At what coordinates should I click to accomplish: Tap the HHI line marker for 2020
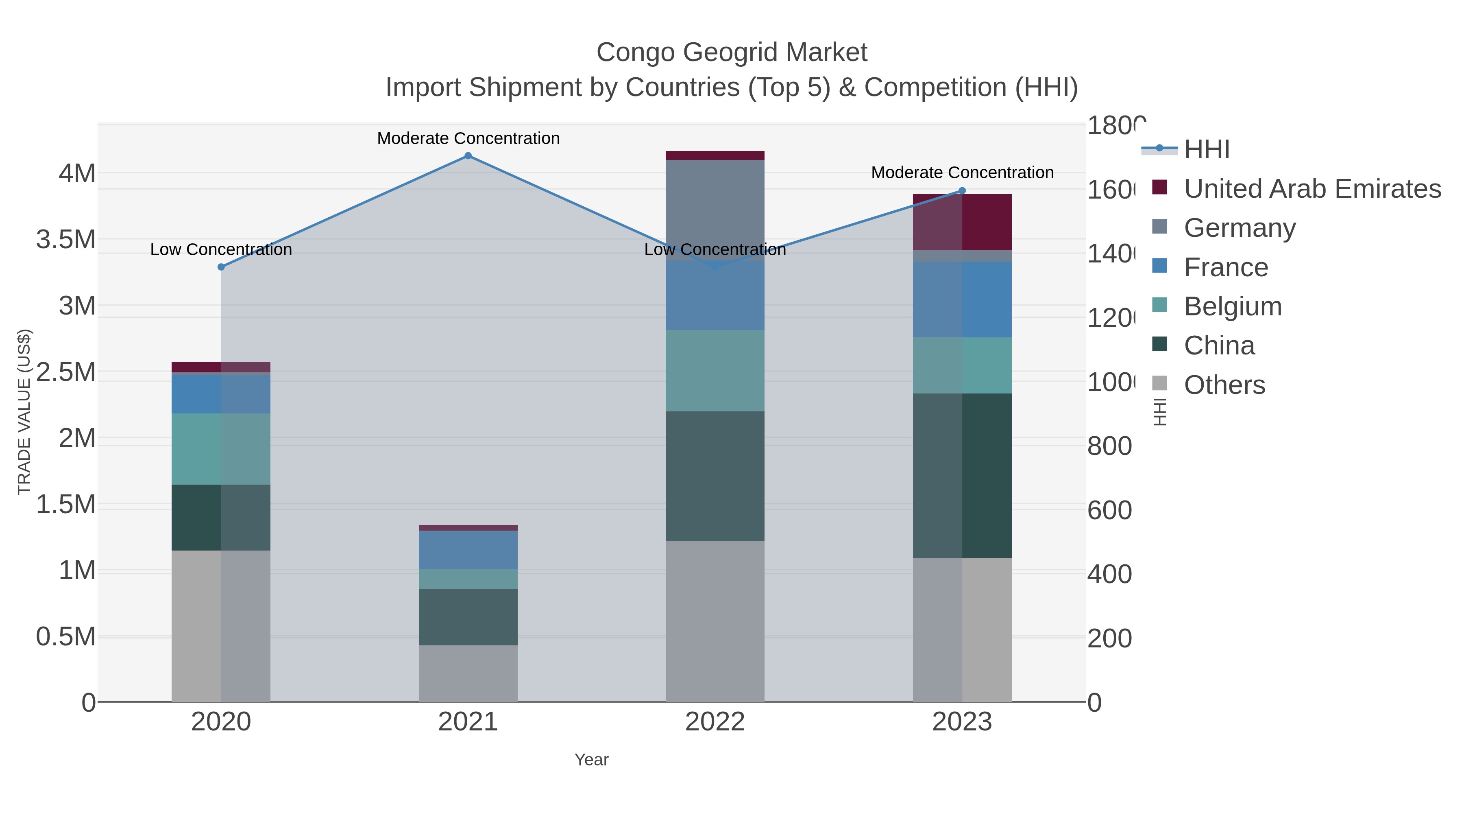221,267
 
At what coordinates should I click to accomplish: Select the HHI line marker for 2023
962,191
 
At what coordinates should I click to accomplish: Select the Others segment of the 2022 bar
715,621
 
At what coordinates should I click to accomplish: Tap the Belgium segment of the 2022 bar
715,370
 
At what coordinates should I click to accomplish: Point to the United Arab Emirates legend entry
1311,189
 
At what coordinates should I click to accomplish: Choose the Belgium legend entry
1232,306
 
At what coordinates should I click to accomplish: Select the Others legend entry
1224,385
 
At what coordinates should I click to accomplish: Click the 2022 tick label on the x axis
715,722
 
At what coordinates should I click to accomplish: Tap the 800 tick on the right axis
1109,446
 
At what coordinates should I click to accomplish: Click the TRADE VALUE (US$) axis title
24,412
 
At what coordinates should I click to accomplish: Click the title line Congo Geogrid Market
732,52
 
